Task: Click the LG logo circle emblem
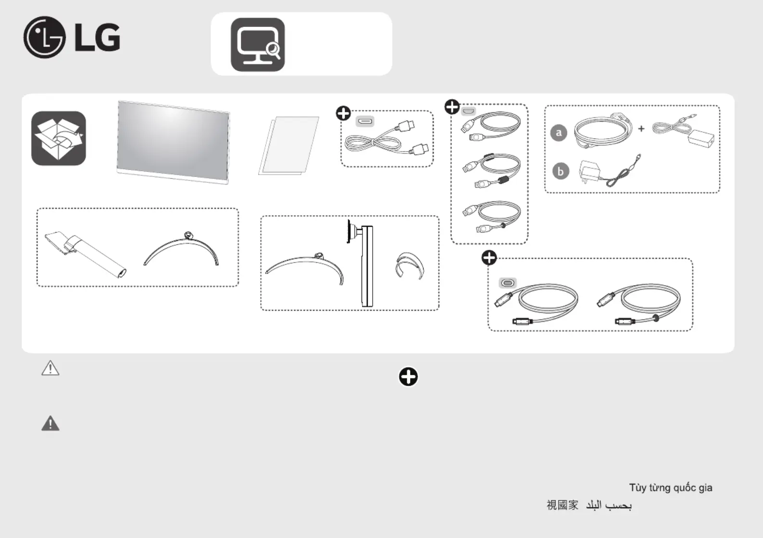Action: tap(45, 37)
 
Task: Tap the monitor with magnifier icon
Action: tap(258, 45)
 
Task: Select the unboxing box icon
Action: tap(59, 138)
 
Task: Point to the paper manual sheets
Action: tap(289, 146)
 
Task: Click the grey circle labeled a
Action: tap(559, 133)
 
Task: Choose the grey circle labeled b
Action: tap(561, 171)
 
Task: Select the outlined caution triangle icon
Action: tap(50, 368)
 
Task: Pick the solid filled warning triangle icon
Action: tap(50, 424)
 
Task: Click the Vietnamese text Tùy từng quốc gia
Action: tap(670, 488)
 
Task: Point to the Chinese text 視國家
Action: tap(563, 505)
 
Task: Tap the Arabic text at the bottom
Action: tap(609, 505)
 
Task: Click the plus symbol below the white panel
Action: tap(408, 377)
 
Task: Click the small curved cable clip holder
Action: tap(410, 266)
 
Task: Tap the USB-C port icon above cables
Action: tap(508, 283)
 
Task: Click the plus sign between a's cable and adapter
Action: tap(641, 129)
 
